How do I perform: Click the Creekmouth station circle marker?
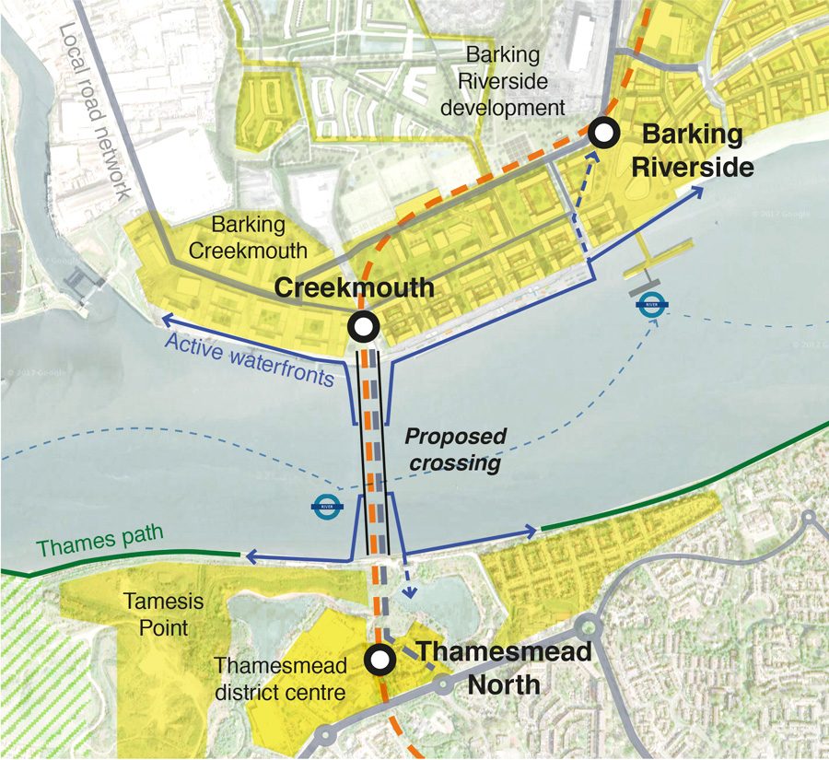(363, 326)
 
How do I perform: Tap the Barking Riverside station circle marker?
(604, 134)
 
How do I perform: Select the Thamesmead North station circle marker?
(379, 660)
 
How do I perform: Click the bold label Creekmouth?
(354, 287)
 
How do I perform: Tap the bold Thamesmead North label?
(502, 668)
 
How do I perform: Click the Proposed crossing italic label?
(457, 449)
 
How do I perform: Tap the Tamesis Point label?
(156, 614)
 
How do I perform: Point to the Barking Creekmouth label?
(260, 237)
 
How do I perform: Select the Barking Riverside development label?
(502, 81)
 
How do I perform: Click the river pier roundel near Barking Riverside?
(652, 304)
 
